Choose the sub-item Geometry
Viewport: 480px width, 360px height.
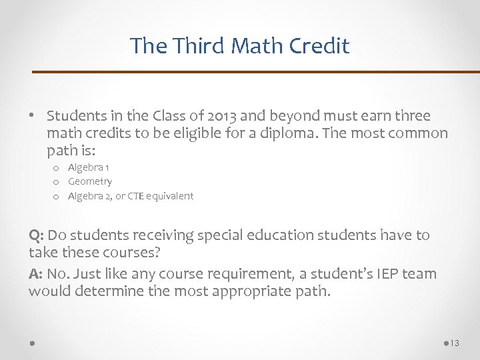click(90, 181)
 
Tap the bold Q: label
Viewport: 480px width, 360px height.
click(37, 235)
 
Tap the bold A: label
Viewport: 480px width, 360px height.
click(37, 273)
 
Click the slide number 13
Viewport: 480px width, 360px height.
click(455, 343)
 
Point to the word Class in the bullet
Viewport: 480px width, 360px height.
click(169, 115)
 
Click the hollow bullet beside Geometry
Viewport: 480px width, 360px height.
click(57, 182)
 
